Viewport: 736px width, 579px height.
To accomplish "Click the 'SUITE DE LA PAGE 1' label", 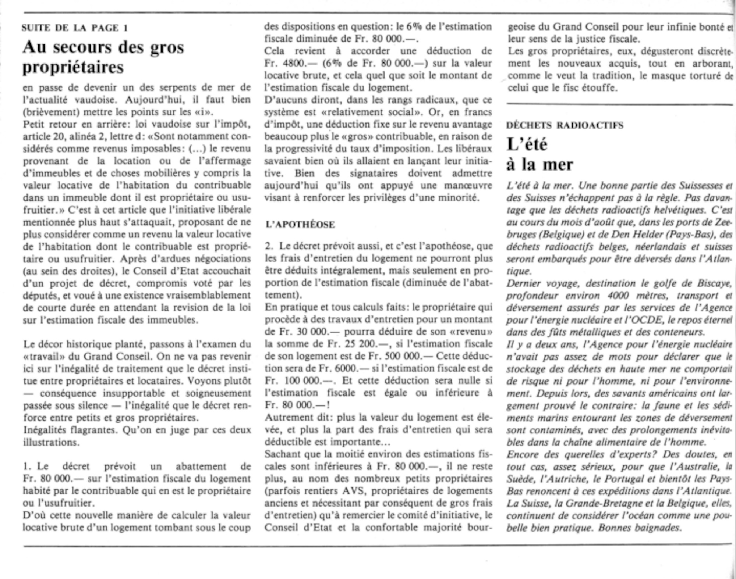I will [x=75, y=28].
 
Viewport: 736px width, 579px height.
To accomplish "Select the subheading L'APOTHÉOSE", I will [x=300, y=225].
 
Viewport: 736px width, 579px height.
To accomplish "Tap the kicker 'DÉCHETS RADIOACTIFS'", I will [x=565, y=126].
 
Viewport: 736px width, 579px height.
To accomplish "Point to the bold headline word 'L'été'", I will [x=527, y=144].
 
